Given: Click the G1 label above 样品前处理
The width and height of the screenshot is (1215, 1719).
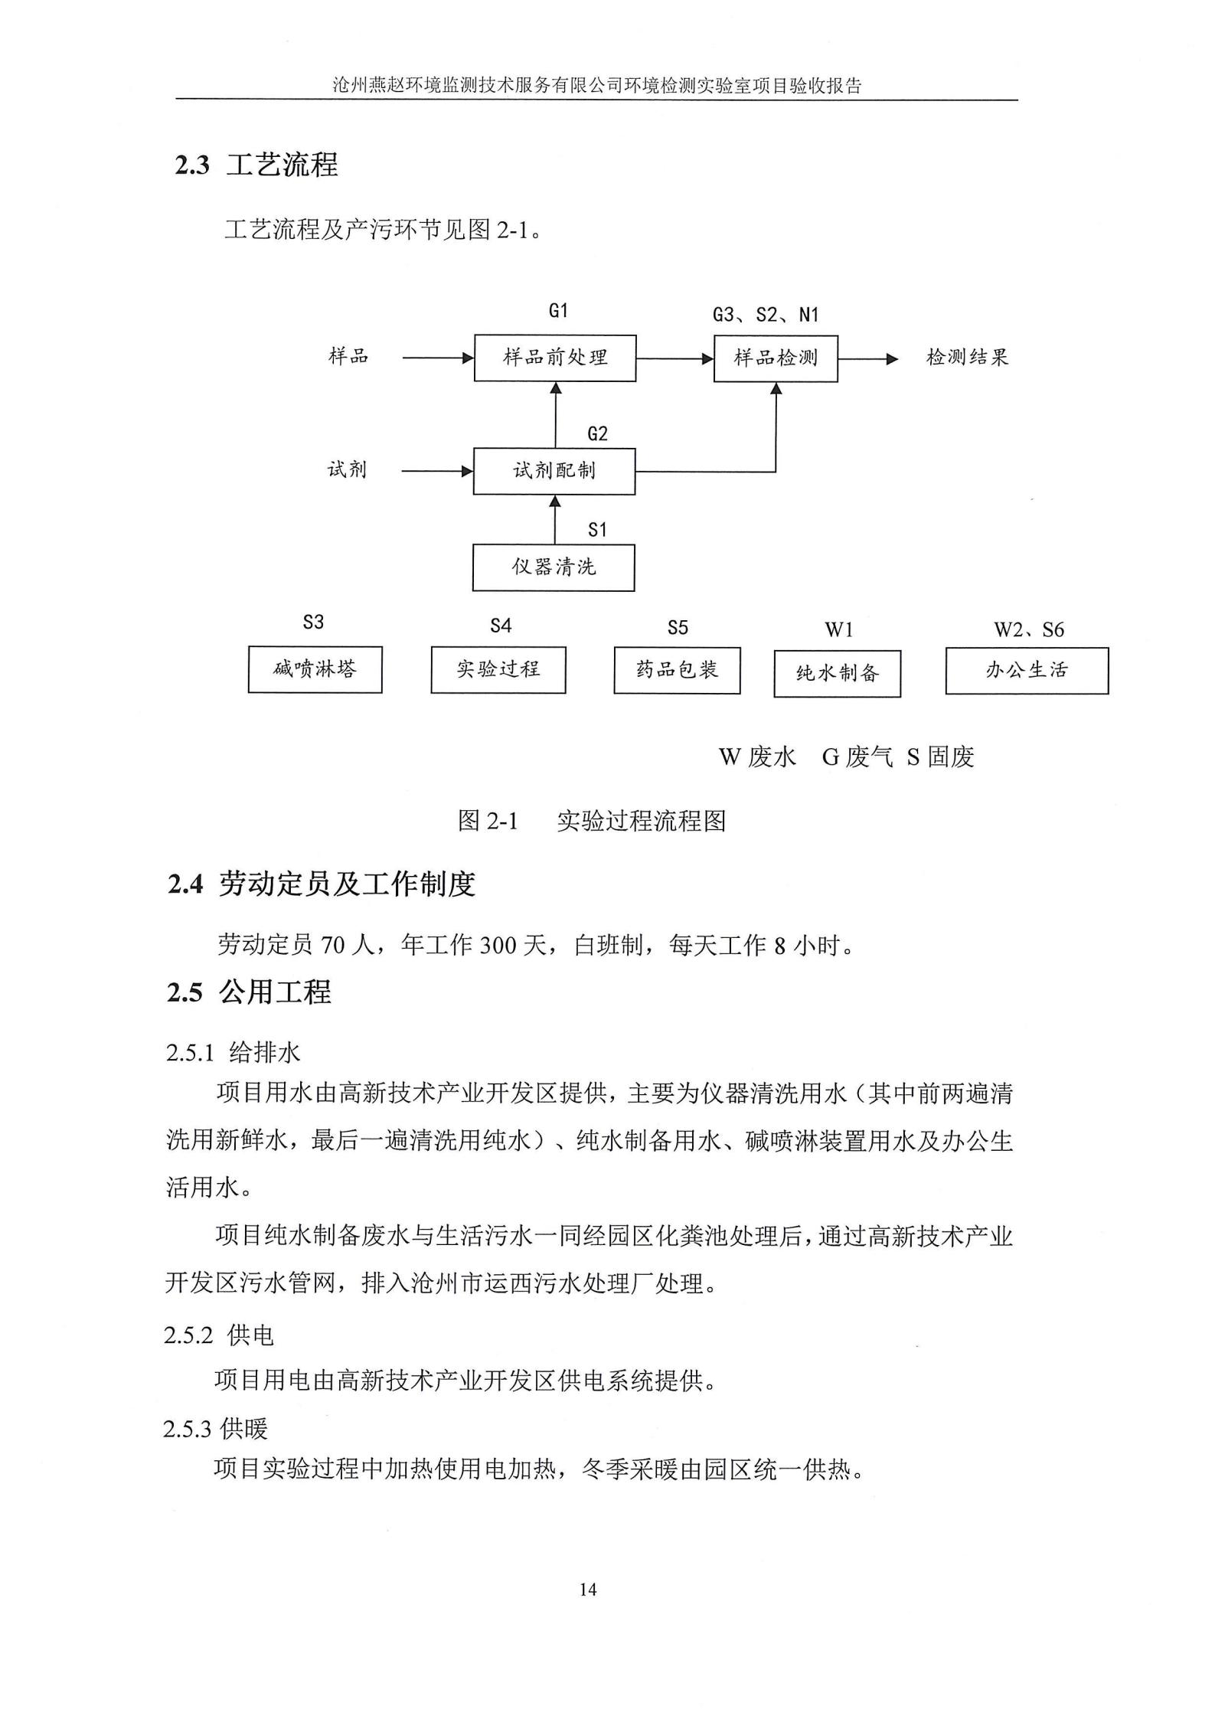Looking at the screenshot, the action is point(558,310).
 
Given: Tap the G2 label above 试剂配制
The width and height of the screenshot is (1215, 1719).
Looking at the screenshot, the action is point(597,434).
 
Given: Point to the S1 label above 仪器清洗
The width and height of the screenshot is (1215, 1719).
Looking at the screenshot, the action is point(597,530).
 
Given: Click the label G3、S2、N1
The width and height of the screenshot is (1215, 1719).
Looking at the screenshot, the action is point(766,315).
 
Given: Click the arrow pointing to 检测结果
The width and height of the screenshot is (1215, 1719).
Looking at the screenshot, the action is point(868,358).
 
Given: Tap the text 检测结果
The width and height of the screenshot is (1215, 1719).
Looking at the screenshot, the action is point(968,358).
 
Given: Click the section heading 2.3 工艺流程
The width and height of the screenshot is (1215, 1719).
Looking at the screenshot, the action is point(256,165).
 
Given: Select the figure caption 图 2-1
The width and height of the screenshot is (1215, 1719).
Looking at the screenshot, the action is point(488,822).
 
